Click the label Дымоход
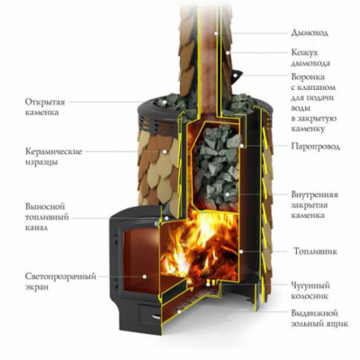click(310, 32)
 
